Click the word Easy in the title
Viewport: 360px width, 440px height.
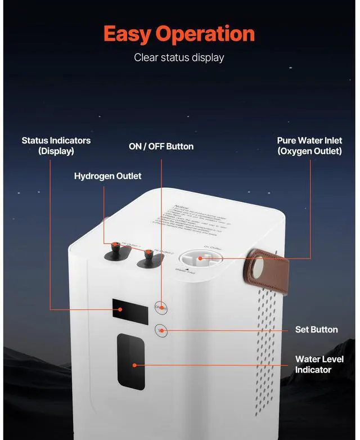pos(128,34)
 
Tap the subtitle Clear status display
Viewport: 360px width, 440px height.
pos(179,57)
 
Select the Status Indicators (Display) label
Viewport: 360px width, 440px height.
pos(56,146)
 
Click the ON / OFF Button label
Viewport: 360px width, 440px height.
pos(161,146)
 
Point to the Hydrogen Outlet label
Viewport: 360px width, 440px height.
pos(107,176)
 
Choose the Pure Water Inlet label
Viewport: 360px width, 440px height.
pos(309,146)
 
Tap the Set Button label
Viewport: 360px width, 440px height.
pos(316,329)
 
